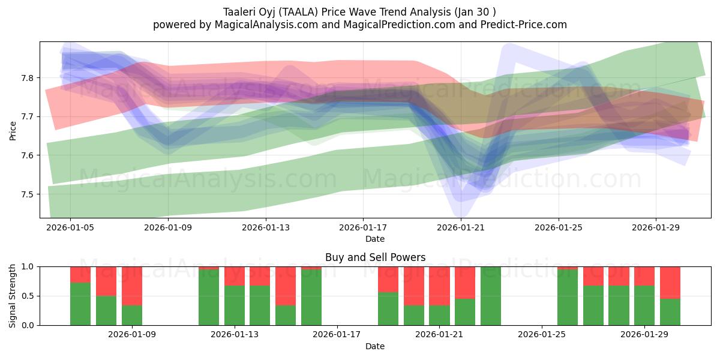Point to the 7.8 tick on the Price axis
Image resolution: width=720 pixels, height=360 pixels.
coord(28,78)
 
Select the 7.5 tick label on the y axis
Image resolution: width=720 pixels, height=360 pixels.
coord(28,194)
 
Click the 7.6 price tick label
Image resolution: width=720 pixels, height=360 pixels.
coord(28,155)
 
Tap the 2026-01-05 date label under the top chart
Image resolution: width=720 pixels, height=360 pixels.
coord(70,227)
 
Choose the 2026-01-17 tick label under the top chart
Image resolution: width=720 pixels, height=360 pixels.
coord(363,227)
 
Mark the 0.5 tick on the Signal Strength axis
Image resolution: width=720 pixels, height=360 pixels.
coord(28,296)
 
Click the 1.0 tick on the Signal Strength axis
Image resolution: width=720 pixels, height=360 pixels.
coord(28,266)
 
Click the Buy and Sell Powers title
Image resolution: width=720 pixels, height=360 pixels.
coord(375,257)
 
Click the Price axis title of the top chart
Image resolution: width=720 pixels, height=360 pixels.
coord(13,130)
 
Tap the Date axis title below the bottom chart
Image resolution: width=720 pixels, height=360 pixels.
coord(375,346)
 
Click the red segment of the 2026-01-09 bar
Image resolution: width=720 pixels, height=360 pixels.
coord(131,286)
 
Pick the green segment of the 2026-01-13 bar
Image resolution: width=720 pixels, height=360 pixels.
coord(235,305)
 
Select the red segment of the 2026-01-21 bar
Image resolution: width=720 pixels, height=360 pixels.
coord(439,286)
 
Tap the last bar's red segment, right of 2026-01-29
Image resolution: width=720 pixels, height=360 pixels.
coord(670,282)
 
